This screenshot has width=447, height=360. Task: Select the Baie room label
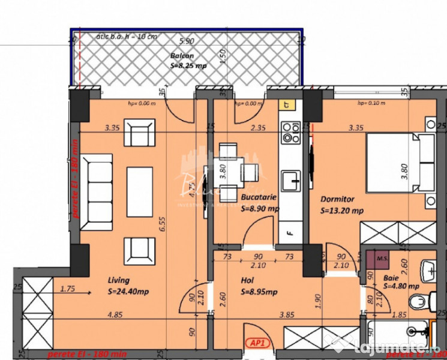[x=390, y=277]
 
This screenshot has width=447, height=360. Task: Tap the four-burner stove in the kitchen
[x=291, y=133]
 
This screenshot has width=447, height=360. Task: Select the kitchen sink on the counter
[x=292, y=178]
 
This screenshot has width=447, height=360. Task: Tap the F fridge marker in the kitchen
[x=290, y=232]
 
